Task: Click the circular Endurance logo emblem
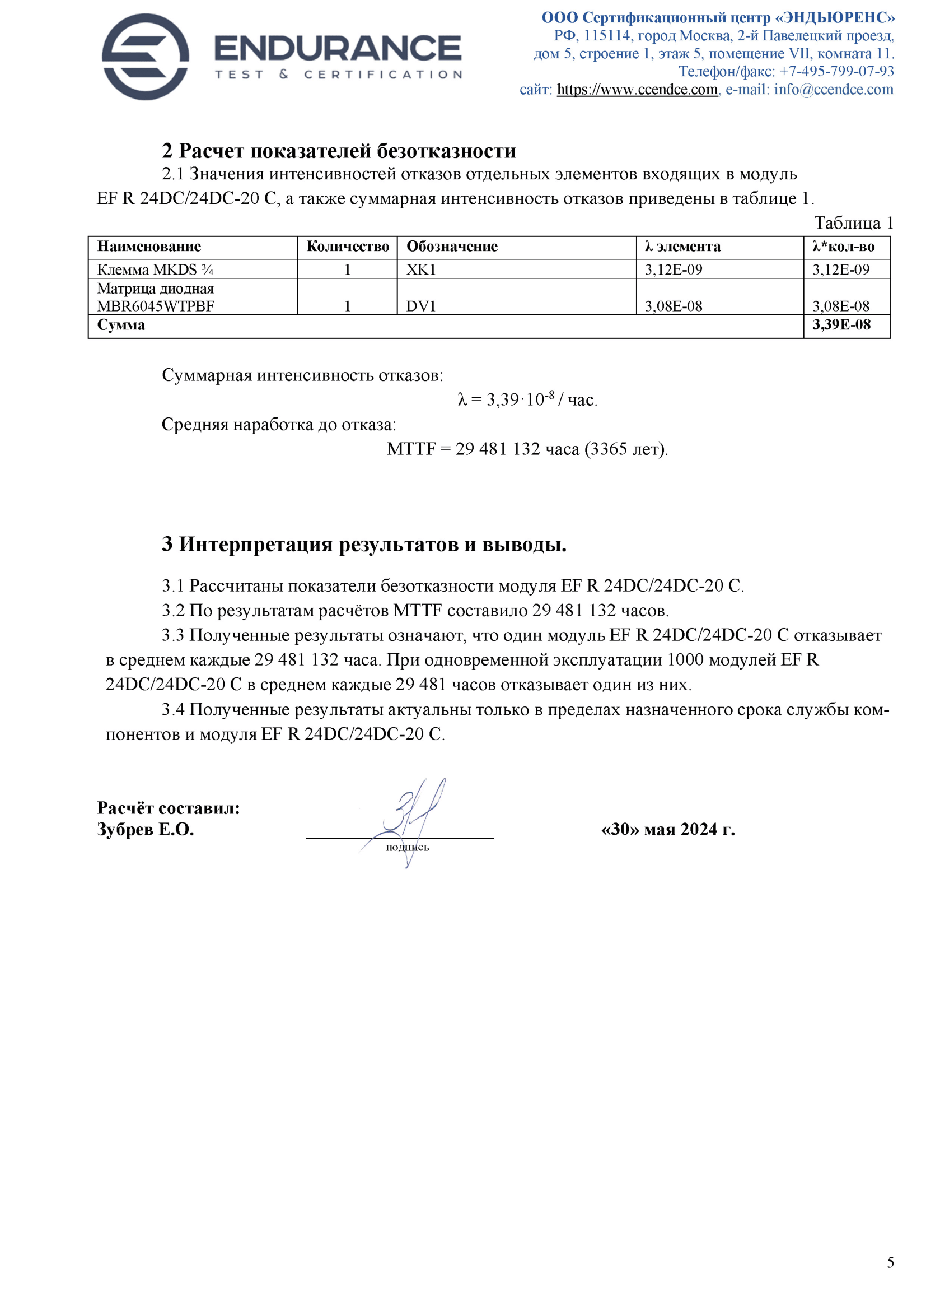(145, 57)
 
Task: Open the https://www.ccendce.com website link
(637, 90)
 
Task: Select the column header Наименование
(149, 247)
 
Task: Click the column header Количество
(348, 247)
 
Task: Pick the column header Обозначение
(452, 247)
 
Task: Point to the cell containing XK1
(421, 269)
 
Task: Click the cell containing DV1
(421, 306)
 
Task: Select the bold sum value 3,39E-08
(841, 325)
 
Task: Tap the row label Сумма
(121, 325)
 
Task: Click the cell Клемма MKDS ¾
(155, 269)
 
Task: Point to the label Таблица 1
(853, 222)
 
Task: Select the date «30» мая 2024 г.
(667, 829)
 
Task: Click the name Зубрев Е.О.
(146, 829)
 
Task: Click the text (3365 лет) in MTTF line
(625, 449)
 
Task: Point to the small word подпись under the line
(407, 847)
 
